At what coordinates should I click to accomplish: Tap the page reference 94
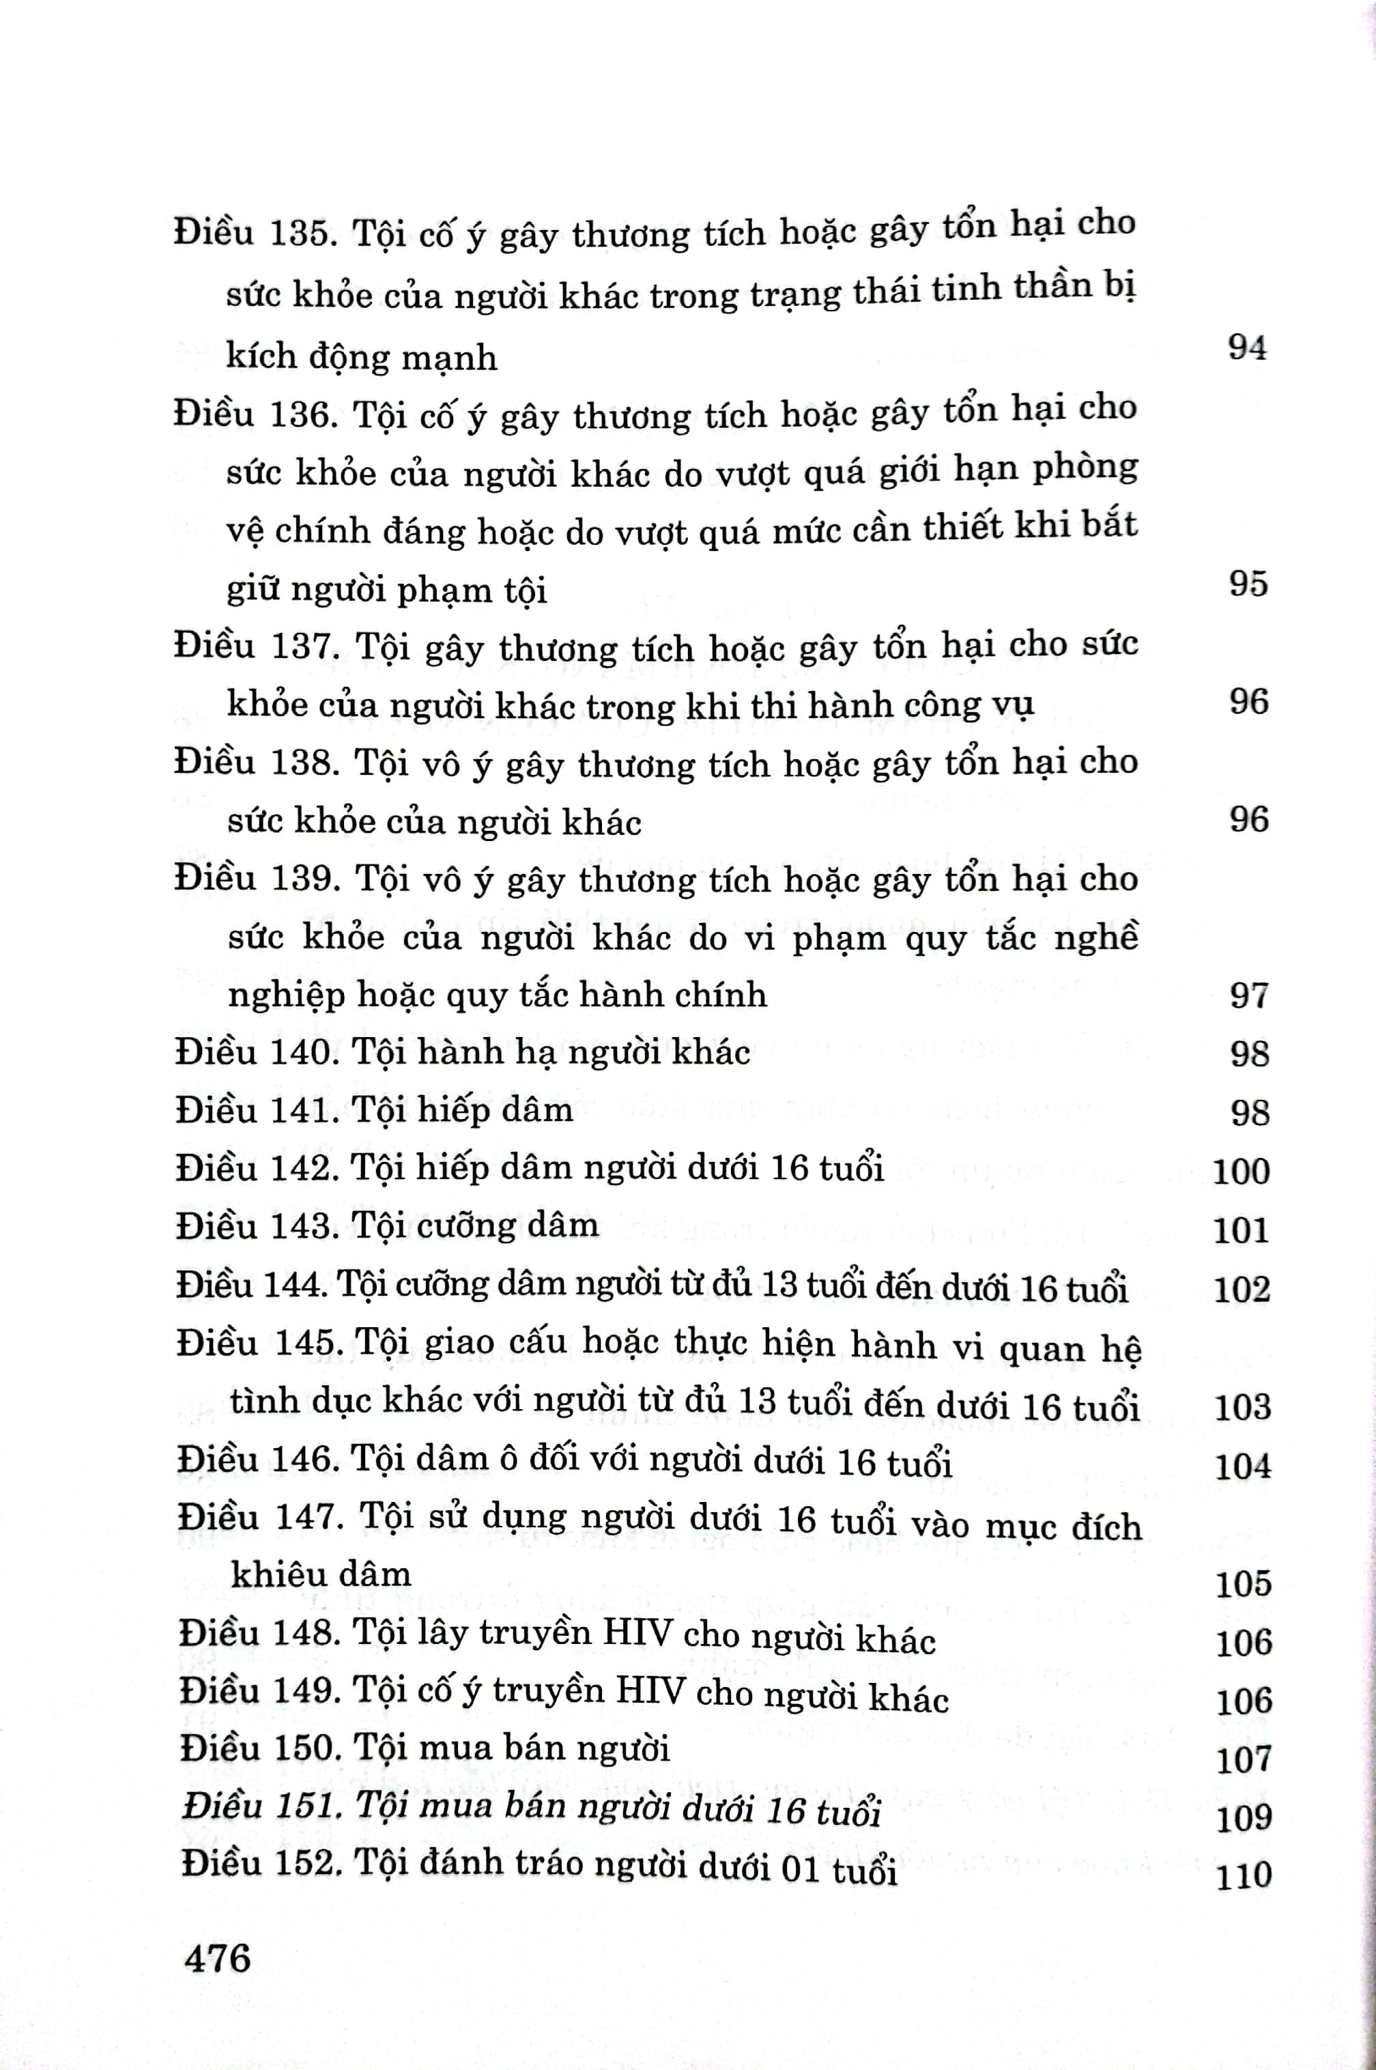point(1247,348)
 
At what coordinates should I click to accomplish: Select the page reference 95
point(1248,584)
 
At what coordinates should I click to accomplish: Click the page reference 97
point(1249,995)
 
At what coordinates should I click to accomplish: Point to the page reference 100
point(1241,1171)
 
